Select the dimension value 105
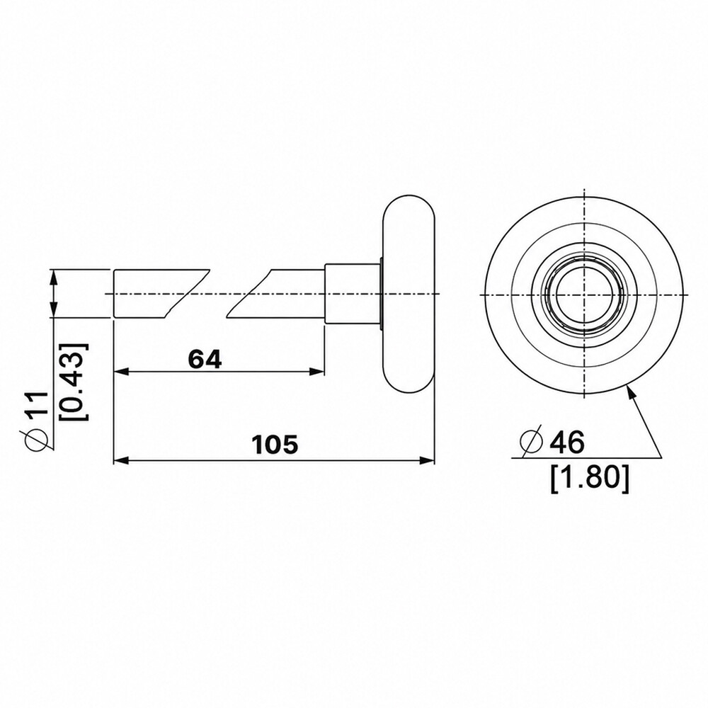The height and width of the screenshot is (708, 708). click(275, 444)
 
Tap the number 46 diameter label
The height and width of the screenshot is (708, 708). click(567, 441)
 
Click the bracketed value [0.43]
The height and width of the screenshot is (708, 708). click(74, 382)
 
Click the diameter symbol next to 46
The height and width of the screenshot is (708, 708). click(531, 442)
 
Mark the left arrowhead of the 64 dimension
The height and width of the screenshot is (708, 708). click(122, 372)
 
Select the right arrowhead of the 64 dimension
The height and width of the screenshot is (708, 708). click(316, 372)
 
